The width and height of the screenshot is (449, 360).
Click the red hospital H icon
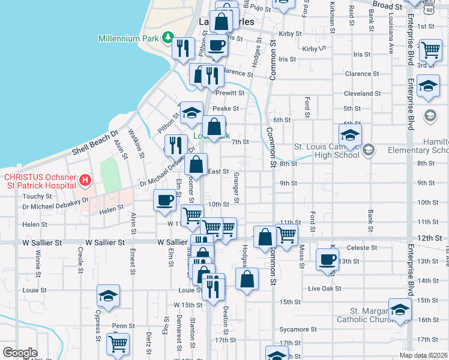pyautogui.click(x=85, y=179)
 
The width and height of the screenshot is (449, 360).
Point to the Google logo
pyautogui.click(x=20, y=353)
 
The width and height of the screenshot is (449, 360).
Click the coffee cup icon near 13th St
pyautogui.click(x=327, y=260)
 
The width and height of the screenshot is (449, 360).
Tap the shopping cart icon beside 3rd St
pyautogui.click(x=430, y=52)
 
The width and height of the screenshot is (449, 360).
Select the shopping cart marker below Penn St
pyautogui.click(x=118, y=344)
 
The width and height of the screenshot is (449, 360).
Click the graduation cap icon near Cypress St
pyautogui.click(x=108, y=296)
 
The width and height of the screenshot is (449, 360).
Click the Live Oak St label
pyautogui.click(x=324, y=289)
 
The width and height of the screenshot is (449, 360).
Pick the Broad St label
pyautogui.click(x=387, y=6)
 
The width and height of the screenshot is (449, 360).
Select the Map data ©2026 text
pyautogui.click(x=423, y=355)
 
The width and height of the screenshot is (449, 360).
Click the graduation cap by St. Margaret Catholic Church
pyautogui.click(x=400, y=310)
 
